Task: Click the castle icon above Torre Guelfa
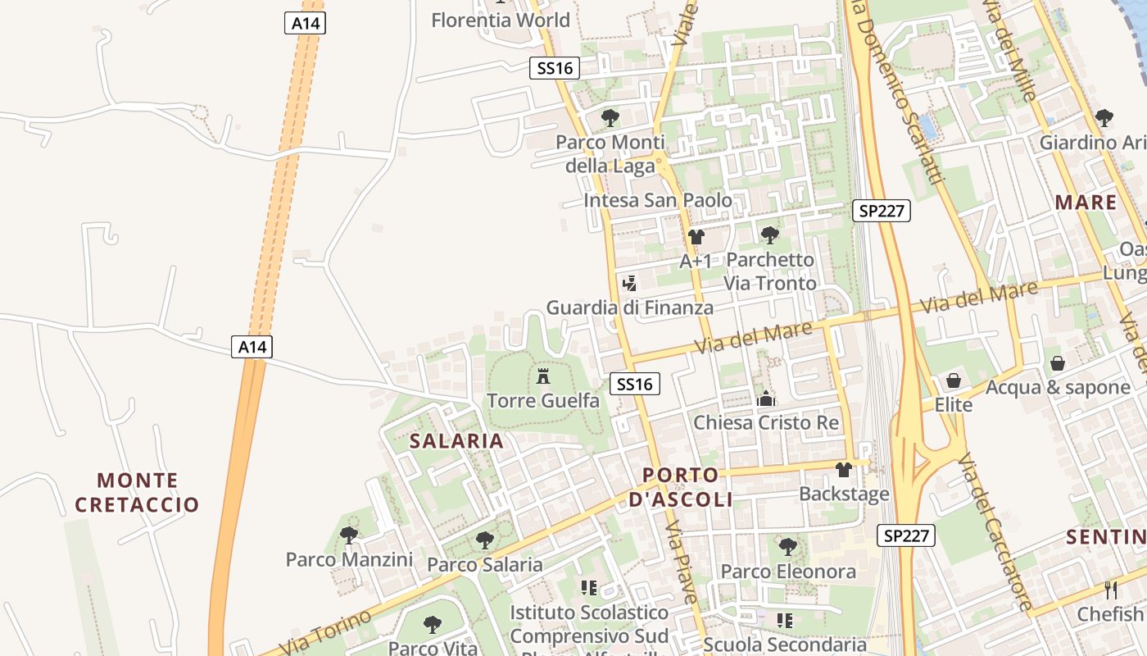click(542, 377)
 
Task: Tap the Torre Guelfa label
click(543, 401)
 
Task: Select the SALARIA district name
click(456, 441)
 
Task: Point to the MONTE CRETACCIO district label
click(137, 492)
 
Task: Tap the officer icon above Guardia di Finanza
click(629, 284)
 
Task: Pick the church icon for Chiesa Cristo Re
click(766, 399)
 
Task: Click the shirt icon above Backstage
click(843, 470)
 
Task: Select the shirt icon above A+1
click(696, 237)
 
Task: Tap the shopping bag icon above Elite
click(953, 380)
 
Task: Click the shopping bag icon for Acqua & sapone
click(1058, 362)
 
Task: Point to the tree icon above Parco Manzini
click(349, 535)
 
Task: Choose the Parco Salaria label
click(485, 564)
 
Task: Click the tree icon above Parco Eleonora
click(788, 546)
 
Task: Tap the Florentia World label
click(501, 20)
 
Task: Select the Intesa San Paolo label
click(658, 200)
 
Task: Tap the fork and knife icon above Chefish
click(1111, 590)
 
